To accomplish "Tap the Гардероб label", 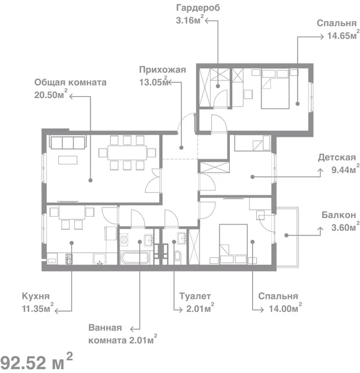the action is point(198,8).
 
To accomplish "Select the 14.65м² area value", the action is point(343,35).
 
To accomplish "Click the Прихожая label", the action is point(162,70).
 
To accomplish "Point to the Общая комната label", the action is point(70,82).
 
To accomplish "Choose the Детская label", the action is point(337,157).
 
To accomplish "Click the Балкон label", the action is point(338,215).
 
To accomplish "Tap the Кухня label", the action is point(36,296).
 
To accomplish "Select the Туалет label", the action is point(195,296).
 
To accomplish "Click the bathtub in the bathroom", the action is point(135,258).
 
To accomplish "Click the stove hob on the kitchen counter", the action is point(69,259).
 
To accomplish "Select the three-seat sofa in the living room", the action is point(68,142).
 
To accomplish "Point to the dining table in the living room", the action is point(127,153).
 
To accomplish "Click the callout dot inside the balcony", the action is point(286,235).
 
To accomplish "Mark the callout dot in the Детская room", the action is point(253,177).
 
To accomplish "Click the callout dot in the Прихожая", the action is point(181,147).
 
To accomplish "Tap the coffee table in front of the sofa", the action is point(68,160).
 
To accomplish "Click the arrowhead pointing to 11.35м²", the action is point(57,311).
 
